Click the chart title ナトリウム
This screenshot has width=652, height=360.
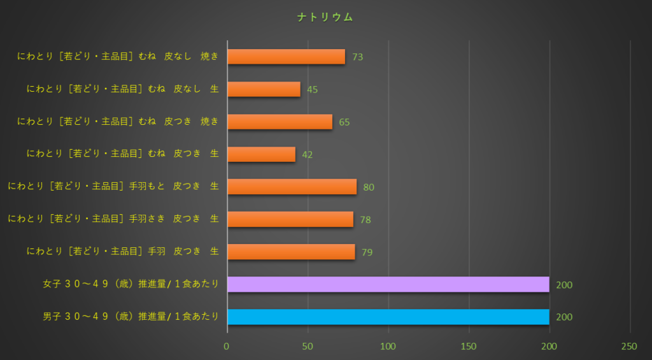(x=325, y=18)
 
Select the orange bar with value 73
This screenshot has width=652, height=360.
(x=286, y=57)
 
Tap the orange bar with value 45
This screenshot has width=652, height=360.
(x=264, y=89)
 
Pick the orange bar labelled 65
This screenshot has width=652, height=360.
(x=280, y=122)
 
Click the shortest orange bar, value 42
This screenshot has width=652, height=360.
(x=261, y=154)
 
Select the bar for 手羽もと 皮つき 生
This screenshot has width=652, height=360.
(x=292, y=187)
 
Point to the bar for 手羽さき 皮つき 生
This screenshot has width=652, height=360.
(x=290, y=219)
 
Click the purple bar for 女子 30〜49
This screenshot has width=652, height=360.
(x=388, y=284)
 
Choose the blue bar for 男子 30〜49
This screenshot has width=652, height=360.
(x=388, y=317)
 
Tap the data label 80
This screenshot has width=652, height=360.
(x=369, y=187)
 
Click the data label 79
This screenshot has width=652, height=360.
(x=367, y=252)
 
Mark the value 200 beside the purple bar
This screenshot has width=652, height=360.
(x=564, y=285)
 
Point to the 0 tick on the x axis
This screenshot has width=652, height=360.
(x=227, y=346)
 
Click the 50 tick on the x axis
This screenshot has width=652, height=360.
(x=308, y=346)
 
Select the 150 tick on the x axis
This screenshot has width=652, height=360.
(x=469, y=346)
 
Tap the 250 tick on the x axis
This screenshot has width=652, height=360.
(x=629, y=346)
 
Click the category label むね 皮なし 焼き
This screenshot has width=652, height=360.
(x=118, y=56)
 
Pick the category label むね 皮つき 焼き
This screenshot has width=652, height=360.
(x=118, y=121)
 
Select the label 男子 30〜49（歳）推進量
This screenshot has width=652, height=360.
(x=131, y=317)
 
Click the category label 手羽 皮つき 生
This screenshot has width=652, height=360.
(x=123, y=252)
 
